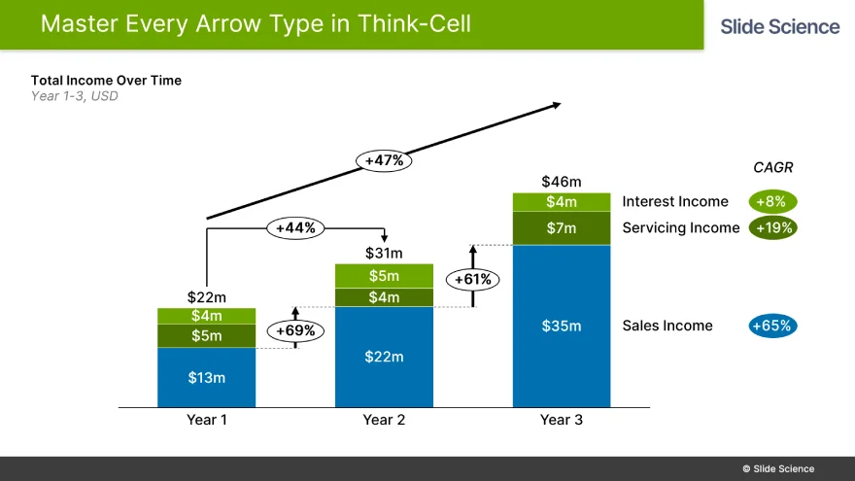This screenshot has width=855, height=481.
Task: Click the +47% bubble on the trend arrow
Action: tap(384, 160)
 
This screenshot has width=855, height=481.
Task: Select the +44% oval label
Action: tap(295, 227)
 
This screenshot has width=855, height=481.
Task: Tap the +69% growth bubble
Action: tap(295, 330)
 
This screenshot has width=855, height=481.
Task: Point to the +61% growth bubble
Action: tap(473, 280)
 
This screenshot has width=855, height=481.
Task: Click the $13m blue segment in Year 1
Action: tap(207, 377)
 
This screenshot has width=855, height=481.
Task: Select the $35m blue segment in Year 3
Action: tap(562, 326)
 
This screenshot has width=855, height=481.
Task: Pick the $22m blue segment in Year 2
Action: tap(384, 357)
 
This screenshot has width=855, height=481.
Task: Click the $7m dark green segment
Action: tap(562, 228)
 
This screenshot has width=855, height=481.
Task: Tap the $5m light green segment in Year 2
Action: tap(384, 276)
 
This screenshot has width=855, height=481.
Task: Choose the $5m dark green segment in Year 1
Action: tap(207, 336)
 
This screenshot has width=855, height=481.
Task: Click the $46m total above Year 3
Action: tap(562, 182)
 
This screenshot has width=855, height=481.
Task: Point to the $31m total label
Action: tap(384, 254)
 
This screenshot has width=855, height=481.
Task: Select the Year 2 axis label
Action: tap(384, 420)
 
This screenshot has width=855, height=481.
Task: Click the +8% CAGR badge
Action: tap(773, 202)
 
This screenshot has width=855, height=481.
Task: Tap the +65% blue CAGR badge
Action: tap(773, 326)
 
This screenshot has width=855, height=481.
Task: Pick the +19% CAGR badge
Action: tap(773, 228)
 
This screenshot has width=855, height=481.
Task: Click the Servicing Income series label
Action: tap(681, 228)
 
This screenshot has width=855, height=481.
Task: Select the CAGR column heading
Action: tap(773, 167)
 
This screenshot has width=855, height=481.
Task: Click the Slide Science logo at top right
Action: tap(779, 26)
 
